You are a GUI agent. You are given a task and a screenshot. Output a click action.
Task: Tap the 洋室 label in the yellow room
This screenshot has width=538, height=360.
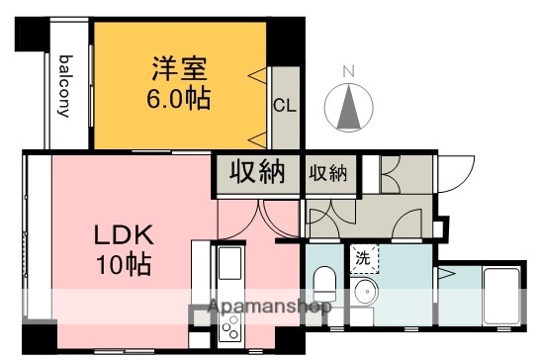[x=179, y=70]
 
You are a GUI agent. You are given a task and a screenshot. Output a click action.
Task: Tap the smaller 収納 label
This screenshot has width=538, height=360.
[x=328, y=174]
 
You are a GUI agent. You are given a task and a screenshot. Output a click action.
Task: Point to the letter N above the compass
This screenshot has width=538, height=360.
[x=347, y=70]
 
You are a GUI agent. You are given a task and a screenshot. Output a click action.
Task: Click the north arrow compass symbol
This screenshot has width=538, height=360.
[x=347, y=108]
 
